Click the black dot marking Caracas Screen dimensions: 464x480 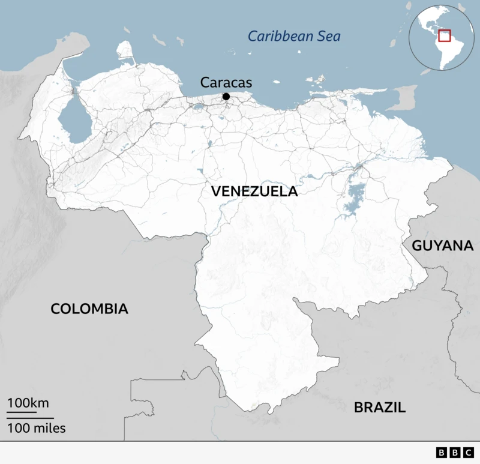(x=226, y=97)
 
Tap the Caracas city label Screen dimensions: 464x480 (x=226, y=83)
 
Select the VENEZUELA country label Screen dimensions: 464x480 (x=254, y=192)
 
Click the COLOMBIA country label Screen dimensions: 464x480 (x=89, y=309)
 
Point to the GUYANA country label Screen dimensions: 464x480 (x=443, y=246)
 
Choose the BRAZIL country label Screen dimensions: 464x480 (x=380, y=408)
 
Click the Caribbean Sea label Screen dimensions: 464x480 (x=295, y=36)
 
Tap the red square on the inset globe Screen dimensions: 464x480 (x=445, y=35)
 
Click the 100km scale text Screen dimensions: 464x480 (x=28, y=402)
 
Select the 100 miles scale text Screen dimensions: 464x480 (x=37, y=428)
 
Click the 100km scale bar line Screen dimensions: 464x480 (x=22, y=412)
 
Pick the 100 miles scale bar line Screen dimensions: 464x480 (x=31, y=418)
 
